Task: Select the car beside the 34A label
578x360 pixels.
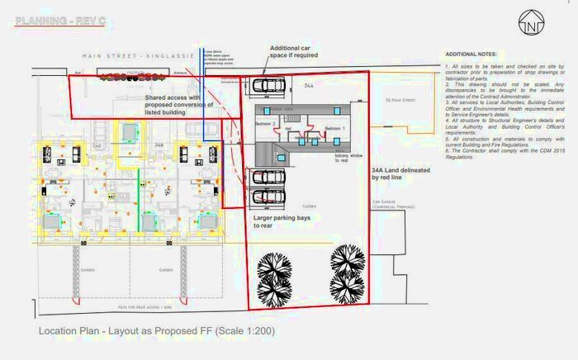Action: pos(269,84)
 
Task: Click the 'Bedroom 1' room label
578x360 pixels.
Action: pos(334,129)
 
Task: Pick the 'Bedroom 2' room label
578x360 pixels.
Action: pos(265,123)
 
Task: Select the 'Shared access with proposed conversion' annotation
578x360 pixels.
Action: pos(179,105)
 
